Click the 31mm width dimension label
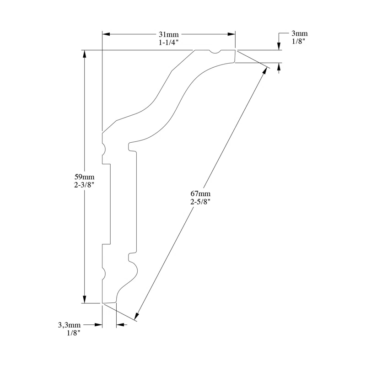[x=168, y=34]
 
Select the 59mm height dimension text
[x=84, y=177]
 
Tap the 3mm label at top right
[x=300, y=33]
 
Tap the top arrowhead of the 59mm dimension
[x=84, y=54]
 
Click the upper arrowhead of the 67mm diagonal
[x=265, y=72]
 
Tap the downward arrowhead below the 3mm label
[x=279, y=46]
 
